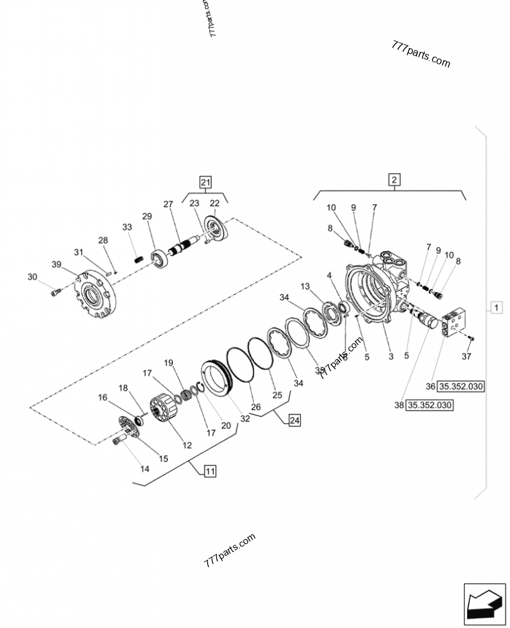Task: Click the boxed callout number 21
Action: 205,181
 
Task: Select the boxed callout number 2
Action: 395,179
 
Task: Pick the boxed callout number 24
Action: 294,420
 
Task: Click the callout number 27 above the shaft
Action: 168,204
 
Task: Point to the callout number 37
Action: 467,356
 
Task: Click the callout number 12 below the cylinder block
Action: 187,445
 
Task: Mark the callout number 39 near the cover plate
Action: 56,265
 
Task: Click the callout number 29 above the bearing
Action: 147,217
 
